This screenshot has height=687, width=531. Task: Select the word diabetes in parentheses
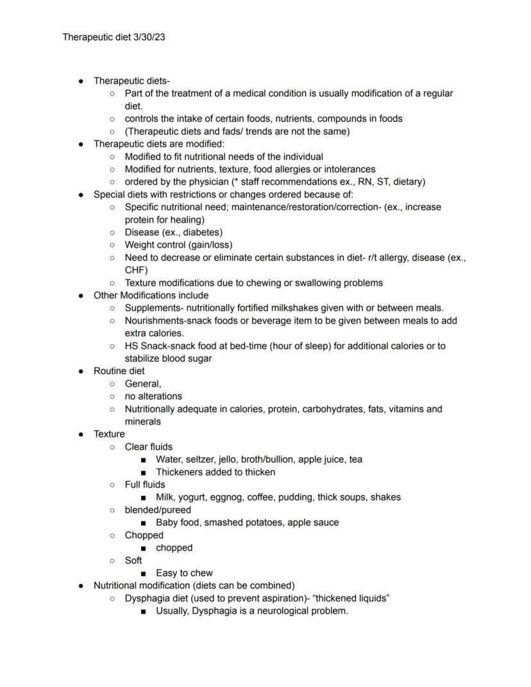(200, 232)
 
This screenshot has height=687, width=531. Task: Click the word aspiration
(278, 598)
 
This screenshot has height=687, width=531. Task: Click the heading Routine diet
(119, 371)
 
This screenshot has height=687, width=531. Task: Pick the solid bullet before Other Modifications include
(81, 296)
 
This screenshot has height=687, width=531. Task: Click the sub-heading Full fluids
(144, 484)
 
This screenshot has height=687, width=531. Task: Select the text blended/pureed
(158, 510)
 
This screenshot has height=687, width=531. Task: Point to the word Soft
(133, 560)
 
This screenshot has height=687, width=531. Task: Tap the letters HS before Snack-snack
(131, 346)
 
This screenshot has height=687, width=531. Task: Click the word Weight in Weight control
(139, 244)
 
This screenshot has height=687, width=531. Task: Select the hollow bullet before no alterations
(112, 396)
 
